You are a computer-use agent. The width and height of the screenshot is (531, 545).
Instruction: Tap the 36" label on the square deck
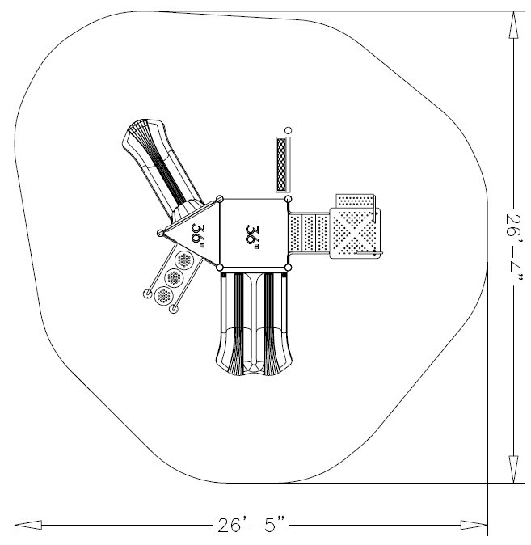coord(252,234)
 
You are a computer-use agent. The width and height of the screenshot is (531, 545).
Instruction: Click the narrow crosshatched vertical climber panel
coord(281,164)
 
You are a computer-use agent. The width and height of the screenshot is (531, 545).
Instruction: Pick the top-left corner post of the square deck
coord(220,200)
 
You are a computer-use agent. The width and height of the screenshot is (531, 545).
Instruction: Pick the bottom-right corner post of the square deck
coord(289,268)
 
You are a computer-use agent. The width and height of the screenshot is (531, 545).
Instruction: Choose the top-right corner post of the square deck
coord(289,200)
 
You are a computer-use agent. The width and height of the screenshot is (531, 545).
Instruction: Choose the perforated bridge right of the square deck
coord(310,234)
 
